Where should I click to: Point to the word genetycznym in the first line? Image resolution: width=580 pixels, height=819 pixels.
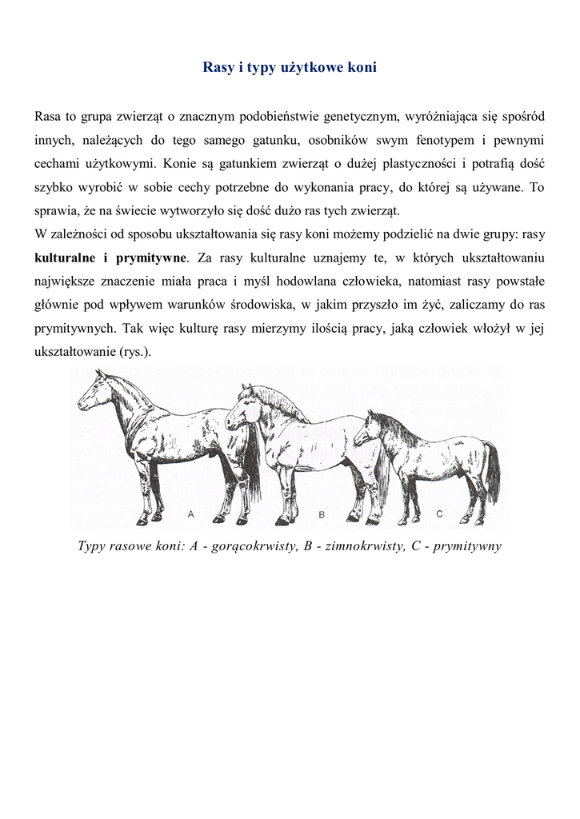[361, 118]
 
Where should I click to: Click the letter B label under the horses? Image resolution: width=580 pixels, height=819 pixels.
[322, 516]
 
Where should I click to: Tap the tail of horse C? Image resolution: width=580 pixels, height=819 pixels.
[492, 472]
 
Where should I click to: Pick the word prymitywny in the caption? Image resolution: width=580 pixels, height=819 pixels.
[467, 547]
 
